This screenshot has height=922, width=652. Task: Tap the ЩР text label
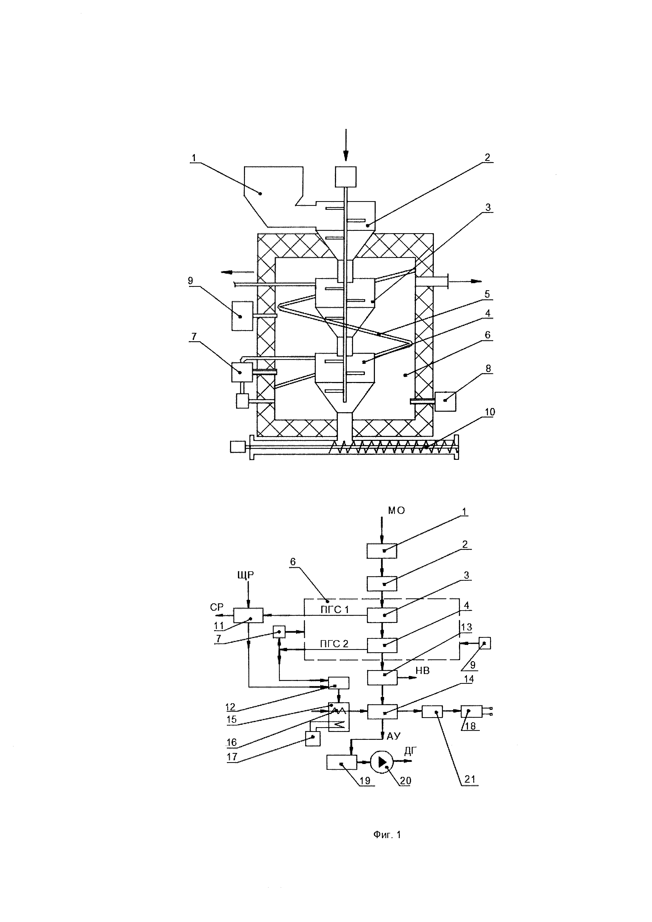pos(246,575)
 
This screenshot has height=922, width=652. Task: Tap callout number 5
pos(487,294)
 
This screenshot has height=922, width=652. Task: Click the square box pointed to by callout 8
pos(445,401)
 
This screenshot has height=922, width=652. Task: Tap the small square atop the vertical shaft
pos(346,177)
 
